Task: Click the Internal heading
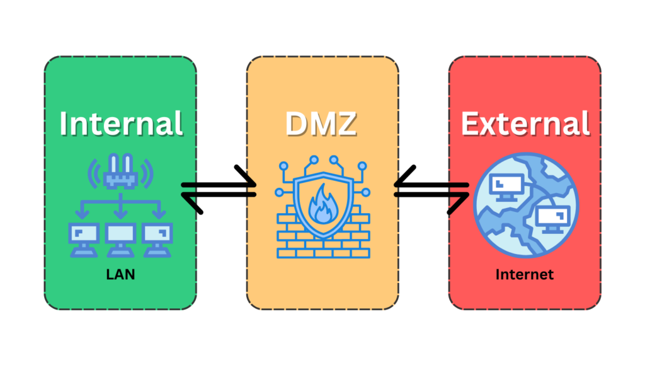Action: (x=121, y=124)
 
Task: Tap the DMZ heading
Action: (x=321, y=124)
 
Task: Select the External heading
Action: (x=525, y=124)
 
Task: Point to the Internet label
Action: (x=524, y=274)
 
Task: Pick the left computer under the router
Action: (x=83, y=238)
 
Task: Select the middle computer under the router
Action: (x=120, y=238)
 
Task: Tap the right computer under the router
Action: (x=157, y=238)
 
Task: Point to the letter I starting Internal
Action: (x=66, y=124)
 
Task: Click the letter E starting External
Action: (x=471, y=124)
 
